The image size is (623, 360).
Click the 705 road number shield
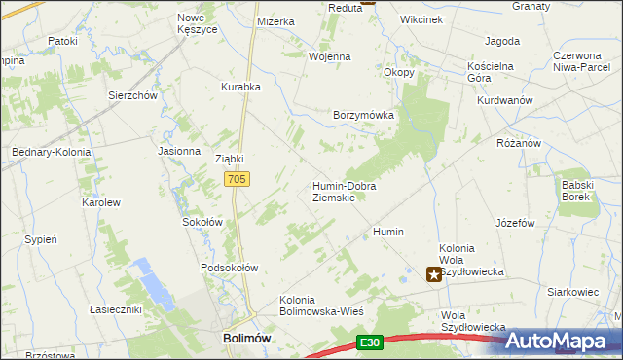point(238,179)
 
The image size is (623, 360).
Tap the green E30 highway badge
point(368,342)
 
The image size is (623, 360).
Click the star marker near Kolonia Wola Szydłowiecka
point(434,275)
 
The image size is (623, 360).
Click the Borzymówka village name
point(363,114)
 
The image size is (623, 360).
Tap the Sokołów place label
point(203,222)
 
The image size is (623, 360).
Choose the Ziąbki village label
point(229,159)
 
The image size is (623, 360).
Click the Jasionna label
point(179,151)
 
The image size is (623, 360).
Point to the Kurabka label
point(240,87)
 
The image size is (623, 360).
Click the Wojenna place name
point(329,56)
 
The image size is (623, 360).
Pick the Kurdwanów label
point(504,100)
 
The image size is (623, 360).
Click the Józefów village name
point(516,223)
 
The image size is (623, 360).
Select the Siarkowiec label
point(571,291)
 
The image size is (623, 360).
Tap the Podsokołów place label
point(229,268)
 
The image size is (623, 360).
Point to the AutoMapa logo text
point(568,341)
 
